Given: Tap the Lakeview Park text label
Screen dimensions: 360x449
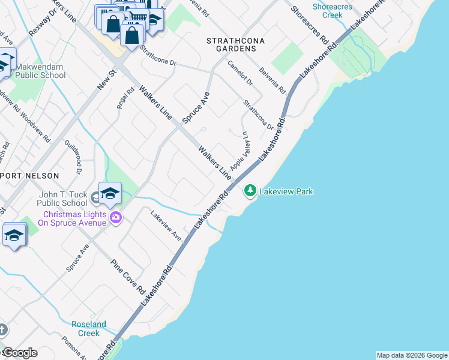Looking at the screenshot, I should [x=286, y=192].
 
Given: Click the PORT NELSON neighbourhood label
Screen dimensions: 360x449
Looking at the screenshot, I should [x=30, y=176].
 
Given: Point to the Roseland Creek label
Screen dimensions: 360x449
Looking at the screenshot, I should [x=89, y=328].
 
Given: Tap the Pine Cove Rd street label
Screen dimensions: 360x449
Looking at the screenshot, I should [x=128, y=277].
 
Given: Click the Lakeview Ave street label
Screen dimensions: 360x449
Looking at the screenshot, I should [x=166, y=226].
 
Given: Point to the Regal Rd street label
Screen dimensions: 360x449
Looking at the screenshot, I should [x=125, y=98].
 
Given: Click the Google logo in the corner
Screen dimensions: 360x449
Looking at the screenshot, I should [x=19, y=353].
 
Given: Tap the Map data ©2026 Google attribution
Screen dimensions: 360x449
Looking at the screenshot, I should [x=412, y=355].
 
